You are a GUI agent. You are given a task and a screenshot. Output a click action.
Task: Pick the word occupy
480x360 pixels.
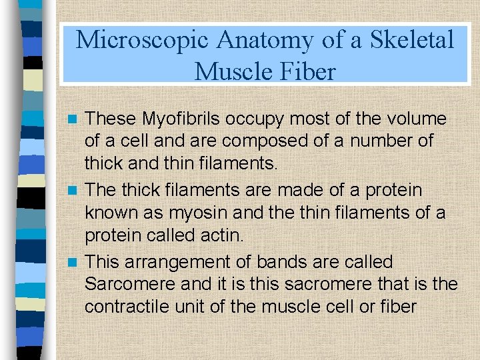256,119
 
